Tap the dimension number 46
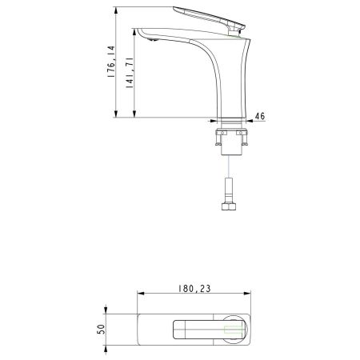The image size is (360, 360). click(x=261, y=115)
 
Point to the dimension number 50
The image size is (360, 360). click(x=101, y=330)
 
